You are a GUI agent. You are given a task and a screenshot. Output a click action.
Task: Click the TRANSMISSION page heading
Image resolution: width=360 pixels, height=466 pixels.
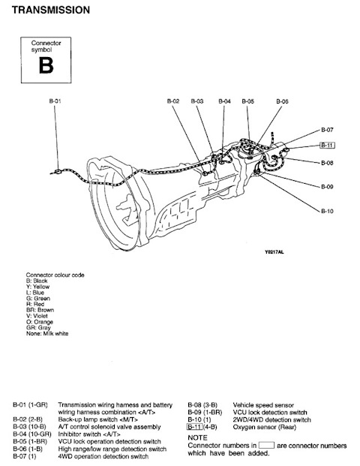pos(51,10)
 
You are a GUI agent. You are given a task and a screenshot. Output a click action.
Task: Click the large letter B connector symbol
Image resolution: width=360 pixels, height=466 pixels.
pos(46,65)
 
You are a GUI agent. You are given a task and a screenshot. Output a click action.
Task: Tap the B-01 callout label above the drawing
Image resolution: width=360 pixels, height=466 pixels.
pos(55,101)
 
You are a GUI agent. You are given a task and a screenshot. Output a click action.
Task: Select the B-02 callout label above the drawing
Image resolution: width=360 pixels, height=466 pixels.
pos(173,101)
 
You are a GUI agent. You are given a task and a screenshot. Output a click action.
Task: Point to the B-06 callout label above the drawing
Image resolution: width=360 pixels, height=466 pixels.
pos(282,101)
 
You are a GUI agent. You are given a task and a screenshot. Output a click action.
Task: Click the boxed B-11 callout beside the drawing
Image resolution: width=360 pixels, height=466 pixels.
pos(327,145)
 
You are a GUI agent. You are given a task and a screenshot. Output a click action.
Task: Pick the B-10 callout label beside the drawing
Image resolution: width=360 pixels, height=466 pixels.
pos(327,211)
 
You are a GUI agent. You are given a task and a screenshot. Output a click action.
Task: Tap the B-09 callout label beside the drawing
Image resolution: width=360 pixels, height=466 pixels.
pos(327,187)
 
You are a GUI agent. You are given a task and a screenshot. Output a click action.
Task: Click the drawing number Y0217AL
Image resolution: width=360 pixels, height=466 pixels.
pos(274,252)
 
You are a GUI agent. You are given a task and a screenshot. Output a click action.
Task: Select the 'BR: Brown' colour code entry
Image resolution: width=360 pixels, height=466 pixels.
pos(40,310)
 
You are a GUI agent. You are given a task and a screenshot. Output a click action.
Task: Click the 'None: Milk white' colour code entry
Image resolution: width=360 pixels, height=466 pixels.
pos(47,333)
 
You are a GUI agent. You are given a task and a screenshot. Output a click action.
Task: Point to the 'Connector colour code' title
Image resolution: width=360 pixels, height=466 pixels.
pos(55,275)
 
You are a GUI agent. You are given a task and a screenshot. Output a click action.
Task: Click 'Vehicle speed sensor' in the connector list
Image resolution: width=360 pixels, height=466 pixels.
pos(263,405)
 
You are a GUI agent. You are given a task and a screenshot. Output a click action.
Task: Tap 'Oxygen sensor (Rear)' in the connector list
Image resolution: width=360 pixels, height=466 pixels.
pos(265,427)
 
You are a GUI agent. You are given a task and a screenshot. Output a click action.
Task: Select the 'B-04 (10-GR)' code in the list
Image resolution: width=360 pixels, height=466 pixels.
pos(32,434)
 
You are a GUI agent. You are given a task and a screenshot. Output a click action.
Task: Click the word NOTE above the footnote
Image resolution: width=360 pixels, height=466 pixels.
pos(197,437)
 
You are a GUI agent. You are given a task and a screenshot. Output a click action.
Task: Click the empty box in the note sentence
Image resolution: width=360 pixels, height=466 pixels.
pos(266,445)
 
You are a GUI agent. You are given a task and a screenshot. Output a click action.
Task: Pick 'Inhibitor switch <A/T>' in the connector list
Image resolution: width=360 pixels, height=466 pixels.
pos(89,434)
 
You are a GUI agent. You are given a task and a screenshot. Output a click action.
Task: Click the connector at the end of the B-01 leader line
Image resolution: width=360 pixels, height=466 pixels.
pos(58,171)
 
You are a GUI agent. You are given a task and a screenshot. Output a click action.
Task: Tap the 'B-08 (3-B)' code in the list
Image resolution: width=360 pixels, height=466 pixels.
pos(202,405)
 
